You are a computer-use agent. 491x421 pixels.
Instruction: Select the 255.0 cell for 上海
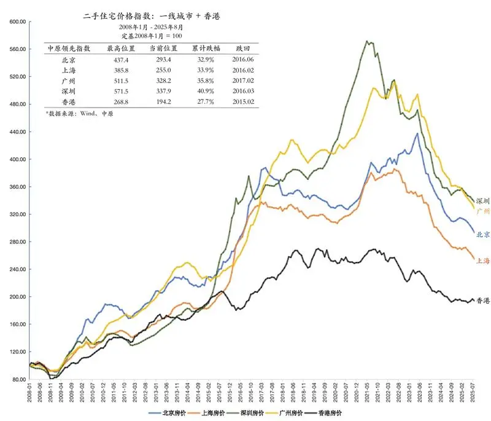pos(163,71)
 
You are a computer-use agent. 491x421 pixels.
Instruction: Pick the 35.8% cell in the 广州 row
pos(202,81)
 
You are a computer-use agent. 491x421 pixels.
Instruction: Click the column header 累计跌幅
pos(202,48)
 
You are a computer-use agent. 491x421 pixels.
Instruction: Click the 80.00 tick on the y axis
pos(17,379)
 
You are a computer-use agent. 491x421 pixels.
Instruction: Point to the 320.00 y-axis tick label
pos(16,214)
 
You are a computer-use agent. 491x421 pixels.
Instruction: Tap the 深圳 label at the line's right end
pos(483,200)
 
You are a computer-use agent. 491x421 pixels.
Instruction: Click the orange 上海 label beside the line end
pos(483,261)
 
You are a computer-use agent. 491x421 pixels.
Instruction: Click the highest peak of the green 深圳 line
pos(367,41)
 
